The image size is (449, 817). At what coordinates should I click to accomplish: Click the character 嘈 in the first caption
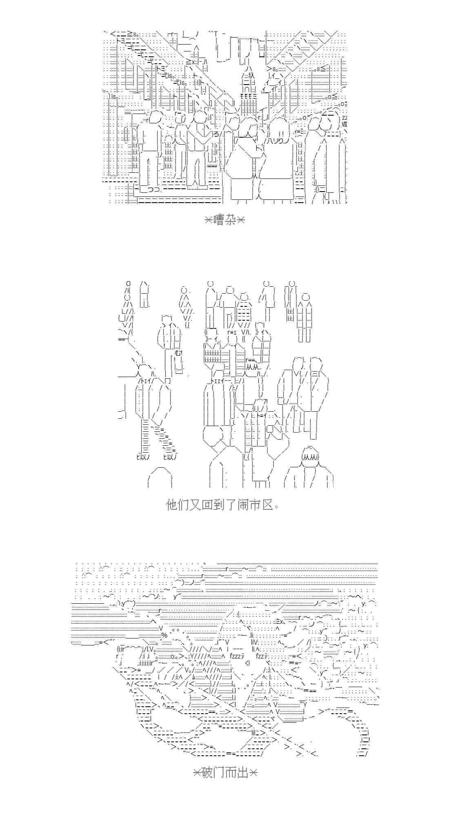(x=219, y=220)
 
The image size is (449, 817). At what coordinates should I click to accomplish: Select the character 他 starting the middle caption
(x=171, y=505)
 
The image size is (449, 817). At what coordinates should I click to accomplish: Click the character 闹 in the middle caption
(x=243, y=505)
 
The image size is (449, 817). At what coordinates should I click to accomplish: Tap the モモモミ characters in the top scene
(x=248, y=96)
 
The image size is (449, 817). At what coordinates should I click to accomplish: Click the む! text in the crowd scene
(x=178, y=353)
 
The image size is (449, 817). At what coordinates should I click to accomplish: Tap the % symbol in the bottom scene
(x=164, y=635)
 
